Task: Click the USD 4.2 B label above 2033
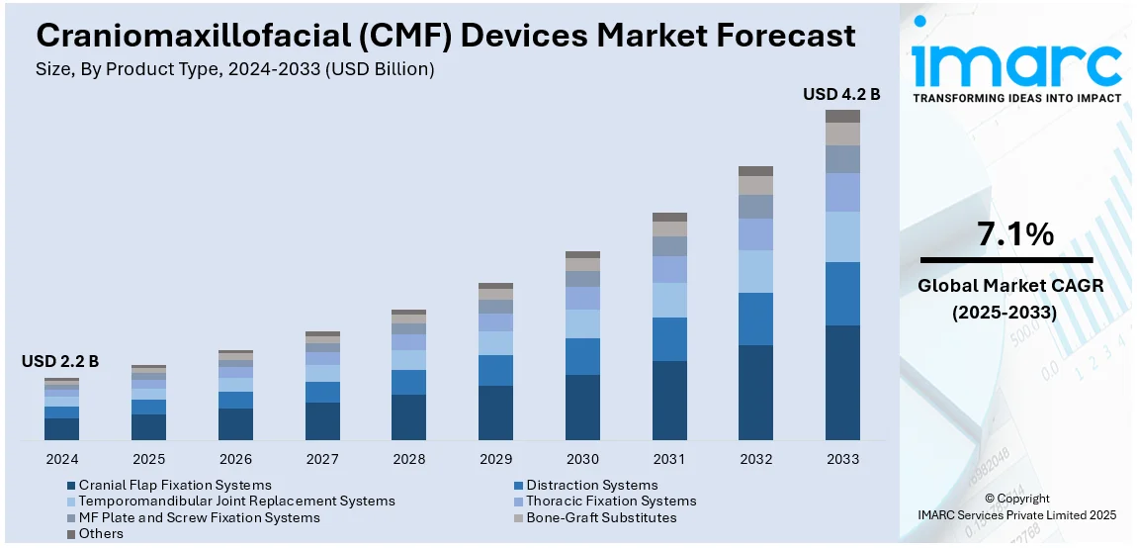(841, 94)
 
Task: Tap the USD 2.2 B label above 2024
(60, 362)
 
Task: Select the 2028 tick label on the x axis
(409, 459)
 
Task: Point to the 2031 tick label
(669, 459)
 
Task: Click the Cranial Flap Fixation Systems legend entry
(175, 485)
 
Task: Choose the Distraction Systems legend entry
(591, 485)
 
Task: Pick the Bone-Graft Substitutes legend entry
(601, 517)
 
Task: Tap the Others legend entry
(101, 533)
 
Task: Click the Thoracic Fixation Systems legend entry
(611, 502)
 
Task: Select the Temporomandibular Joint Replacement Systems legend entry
(236, 502)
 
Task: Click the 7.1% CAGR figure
(1015, 234)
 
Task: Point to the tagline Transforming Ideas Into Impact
(1016, 98)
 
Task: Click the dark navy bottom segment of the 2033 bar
(842, 382)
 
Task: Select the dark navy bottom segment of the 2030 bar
(582, 407)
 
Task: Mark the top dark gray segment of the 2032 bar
(755, 171)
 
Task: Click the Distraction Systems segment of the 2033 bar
(842, 293)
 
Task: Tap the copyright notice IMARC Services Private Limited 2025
(1017, 514)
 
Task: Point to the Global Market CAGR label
(1010, 286)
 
